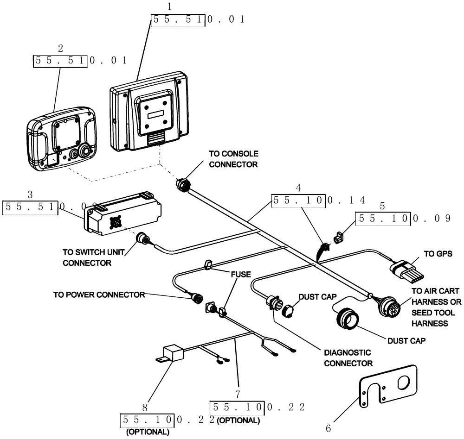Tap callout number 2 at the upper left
click(60, 48)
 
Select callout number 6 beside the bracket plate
click(329, 428)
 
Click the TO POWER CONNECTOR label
click(99, 294)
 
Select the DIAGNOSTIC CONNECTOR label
click(348, 357)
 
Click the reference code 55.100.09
click(403, 219)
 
